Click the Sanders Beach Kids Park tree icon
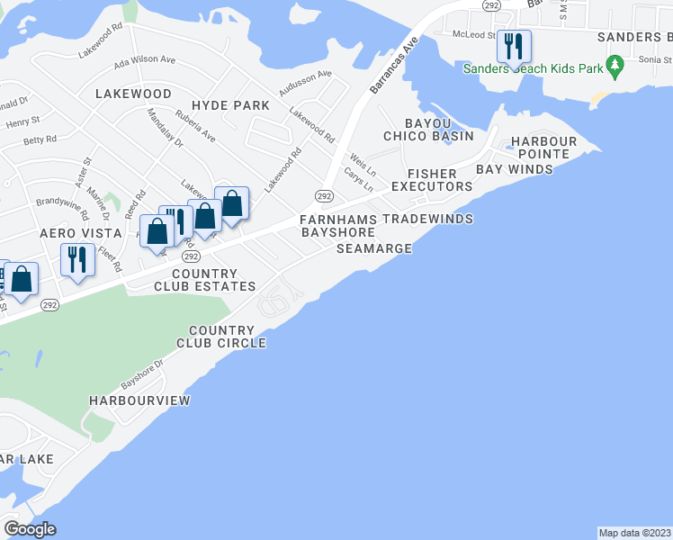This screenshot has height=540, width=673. [615, 65]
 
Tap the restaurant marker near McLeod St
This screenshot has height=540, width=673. [514, 46]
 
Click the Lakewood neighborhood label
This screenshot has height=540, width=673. [133, 94]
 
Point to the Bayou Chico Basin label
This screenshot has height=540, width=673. [428, 129]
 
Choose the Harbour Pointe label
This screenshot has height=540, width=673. [543, 148]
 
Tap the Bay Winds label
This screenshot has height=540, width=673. [514, 169]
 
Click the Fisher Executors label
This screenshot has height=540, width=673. [439, 180]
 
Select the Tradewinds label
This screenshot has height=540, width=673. [427, 219]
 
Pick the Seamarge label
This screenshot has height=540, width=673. [373, 248]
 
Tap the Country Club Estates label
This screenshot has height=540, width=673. [204, 280]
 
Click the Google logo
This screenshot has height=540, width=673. [30, 529]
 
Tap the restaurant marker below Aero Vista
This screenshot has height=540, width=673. [76, 260]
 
